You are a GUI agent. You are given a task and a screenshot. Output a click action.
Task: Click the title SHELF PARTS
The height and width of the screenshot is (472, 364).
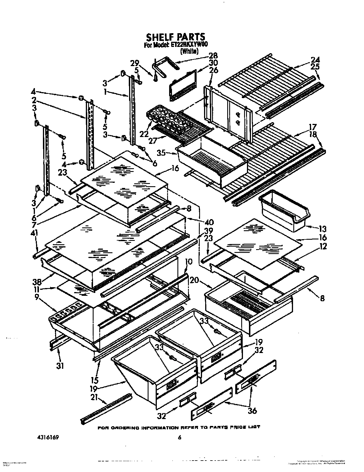click(175, 37)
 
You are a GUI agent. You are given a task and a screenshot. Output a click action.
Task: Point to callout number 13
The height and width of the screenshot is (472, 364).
click(323, 229)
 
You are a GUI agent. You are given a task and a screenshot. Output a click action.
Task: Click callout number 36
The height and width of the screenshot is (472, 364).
click(252, 411)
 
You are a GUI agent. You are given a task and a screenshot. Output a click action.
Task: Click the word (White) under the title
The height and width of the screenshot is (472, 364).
click(189, 51)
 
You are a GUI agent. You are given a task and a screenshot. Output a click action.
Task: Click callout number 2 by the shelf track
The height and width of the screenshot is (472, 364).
click(34, 100)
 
